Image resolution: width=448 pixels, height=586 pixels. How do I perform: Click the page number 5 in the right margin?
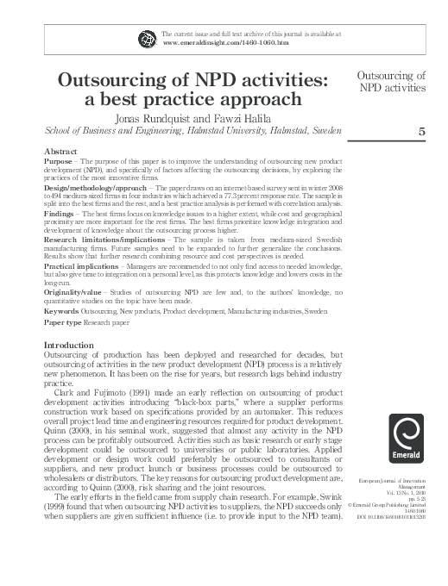[x=421, y=132]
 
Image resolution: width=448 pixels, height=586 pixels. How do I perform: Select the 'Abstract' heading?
[x=60, y=152]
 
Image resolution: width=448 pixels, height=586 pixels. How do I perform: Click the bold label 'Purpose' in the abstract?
[x=58, y=161]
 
